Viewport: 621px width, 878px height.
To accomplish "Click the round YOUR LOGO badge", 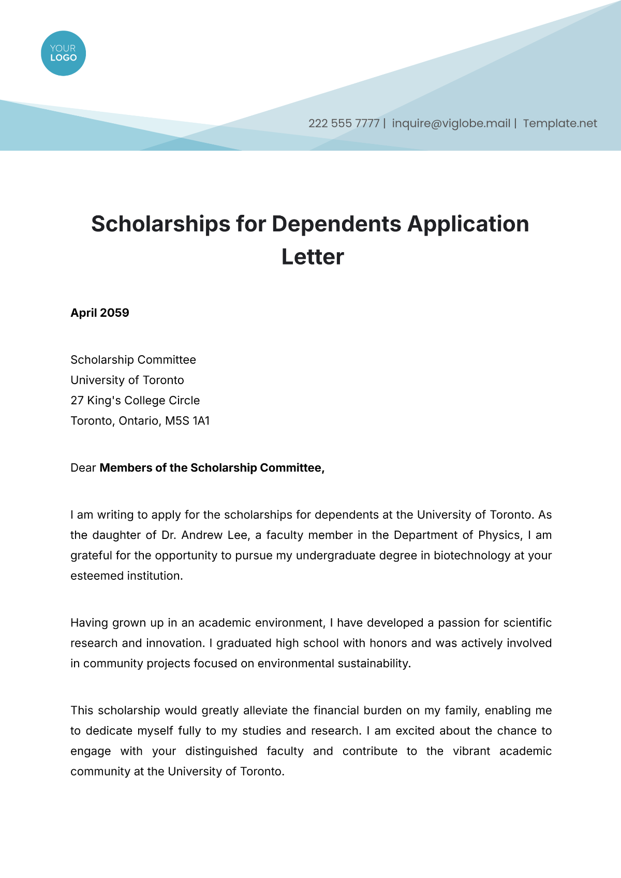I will pyautogui.click(x=63, y=53).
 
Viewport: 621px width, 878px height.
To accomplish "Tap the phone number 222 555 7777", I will pyautogui.click(x=344, y=124).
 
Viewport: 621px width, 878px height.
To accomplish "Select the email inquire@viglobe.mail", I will pyautogui.click(x=451, y=124).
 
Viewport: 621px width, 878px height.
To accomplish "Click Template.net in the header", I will pyautogui.click(x=559, y=124).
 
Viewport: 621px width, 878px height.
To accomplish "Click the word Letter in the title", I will pyautogui.click(x=313, y=257).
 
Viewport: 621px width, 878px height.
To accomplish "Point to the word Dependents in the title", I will pyautogui.click(x=336, y=224).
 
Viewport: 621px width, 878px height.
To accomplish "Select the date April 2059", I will pyautogui.click(x=100, y=313).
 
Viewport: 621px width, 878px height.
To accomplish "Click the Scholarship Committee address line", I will pyautogui.click(x=133, y=360).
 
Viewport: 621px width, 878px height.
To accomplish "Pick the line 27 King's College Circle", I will pyautogui.click(x=135, y=401).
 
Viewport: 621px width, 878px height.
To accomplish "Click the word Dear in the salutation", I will pyautogui.click(x=83, y=468).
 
